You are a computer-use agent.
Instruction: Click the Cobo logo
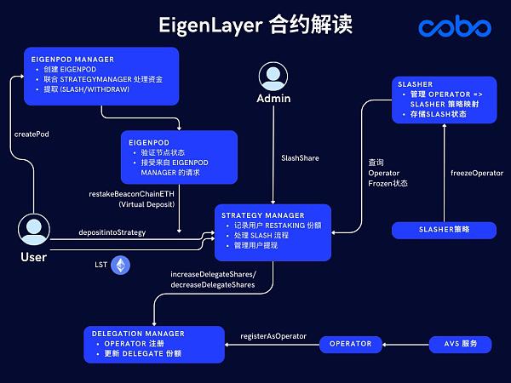click(454, 27)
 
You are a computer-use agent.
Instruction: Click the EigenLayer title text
click(255, 25)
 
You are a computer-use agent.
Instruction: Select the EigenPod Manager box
click(101, 76)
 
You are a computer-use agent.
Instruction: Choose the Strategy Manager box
click(272, 232)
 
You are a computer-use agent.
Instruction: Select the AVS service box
click(461, 344)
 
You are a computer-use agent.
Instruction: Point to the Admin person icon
click(273, 74)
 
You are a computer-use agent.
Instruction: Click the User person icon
click(33, 230)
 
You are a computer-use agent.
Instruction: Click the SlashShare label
click(301, 157)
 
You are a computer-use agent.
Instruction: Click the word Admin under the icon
click(273, 99)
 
